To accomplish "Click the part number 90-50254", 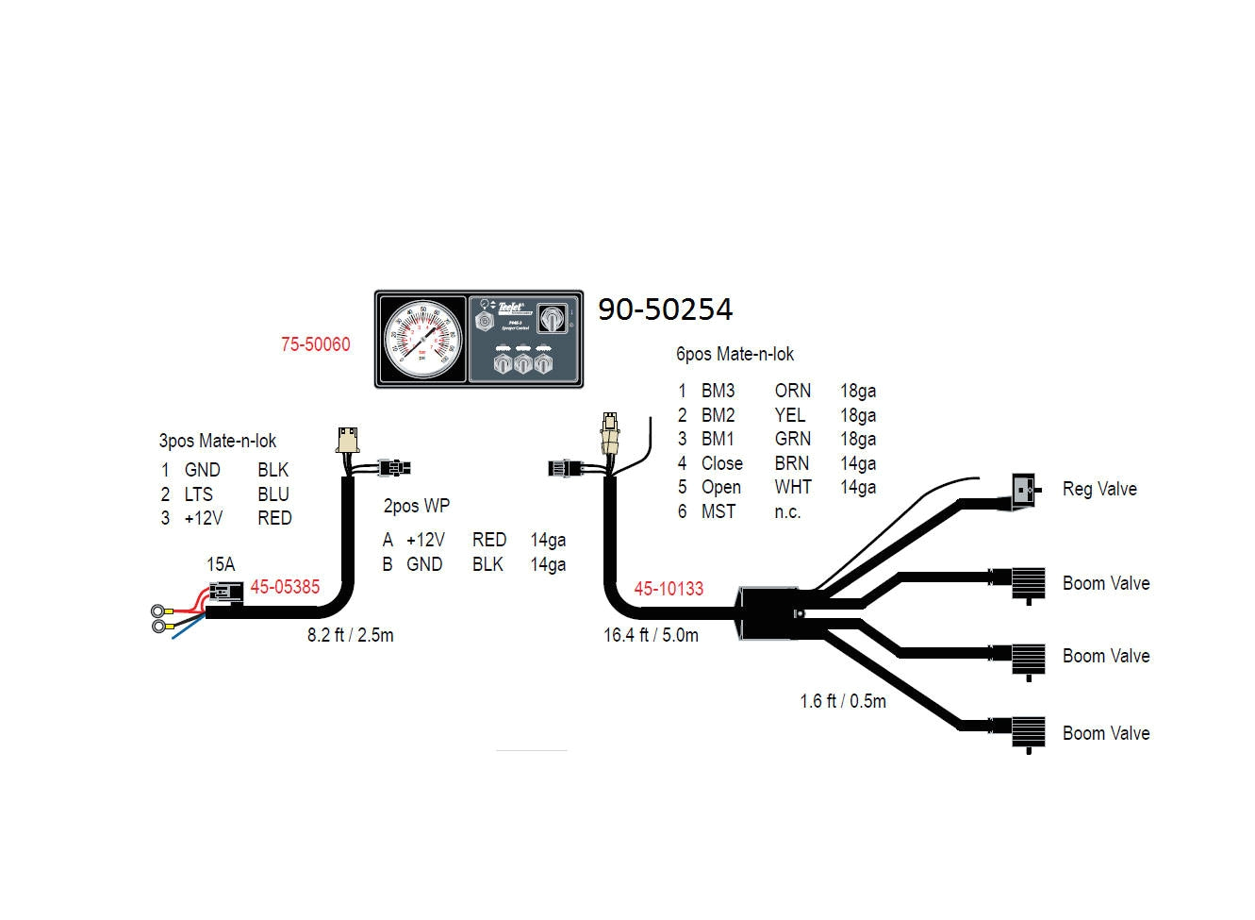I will (665, 309).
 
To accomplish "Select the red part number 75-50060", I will (315, 344).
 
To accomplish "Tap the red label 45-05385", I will (285, 587).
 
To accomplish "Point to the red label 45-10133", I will (669, 589).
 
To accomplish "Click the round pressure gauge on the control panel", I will (422, 339).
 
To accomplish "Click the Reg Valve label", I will (1099, 489).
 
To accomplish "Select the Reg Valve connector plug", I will (1025, 489).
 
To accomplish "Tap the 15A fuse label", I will (221, 564).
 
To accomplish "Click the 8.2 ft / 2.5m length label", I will (350, 635).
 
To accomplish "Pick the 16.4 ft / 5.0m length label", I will (651, 635).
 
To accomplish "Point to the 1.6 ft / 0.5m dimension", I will (843, 701).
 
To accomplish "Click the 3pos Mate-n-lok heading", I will (218, 441).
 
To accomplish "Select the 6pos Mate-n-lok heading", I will (735, 354).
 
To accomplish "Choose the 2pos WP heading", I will (416, 506).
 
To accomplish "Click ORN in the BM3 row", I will (792, 391).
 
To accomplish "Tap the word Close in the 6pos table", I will (721, 463).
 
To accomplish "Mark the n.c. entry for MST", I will (787, 511).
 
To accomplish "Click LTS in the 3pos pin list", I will (198, 493).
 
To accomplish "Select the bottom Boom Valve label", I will (1106, 733).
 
